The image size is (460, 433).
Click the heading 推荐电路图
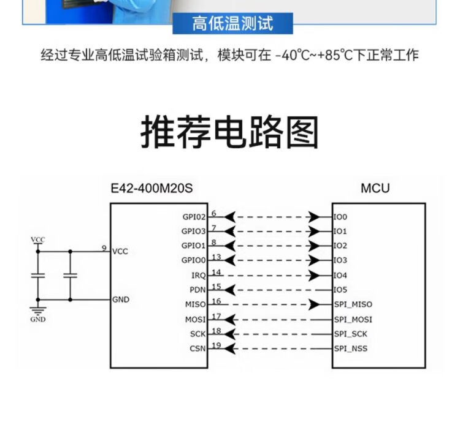230,133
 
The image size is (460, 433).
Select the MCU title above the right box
375,188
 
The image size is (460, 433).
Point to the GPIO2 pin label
194,217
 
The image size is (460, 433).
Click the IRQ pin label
198,276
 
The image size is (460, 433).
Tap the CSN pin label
197,349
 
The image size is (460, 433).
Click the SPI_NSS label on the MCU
351,349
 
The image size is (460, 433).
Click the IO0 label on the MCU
340,217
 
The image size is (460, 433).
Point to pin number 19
216,345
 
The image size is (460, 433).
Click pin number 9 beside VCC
104,249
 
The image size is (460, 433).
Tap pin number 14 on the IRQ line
216,272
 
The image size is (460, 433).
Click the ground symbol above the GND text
38,309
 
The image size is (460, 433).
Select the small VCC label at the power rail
38,239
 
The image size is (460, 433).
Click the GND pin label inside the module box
121,300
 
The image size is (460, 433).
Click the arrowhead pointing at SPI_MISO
315,304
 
